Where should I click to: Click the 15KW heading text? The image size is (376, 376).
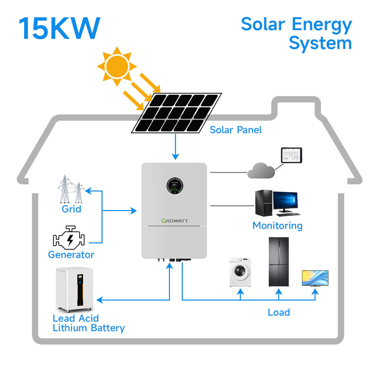[59, 28]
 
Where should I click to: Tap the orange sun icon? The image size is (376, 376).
[117, 67]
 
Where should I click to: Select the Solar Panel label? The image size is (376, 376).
[235, 130]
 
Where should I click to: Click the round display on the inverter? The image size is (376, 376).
[175, 186]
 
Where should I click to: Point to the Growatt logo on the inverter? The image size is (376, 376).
[175, 221]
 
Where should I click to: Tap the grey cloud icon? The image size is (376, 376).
[261, 170]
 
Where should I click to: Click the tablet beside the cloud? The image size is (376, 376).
[291, 155]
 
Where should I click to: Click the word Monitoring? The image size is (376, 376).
[277, 226]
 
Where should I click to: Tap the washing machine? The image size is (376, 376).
[240, 272]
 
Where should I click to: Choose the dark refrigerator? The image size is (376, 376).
[278, 262]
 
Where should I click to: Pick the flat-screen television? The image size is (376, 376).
[315, 278]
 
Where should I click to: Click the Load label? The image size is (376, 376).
[278, 312]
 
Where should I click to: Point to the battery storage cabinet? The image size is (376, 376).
[74, 289]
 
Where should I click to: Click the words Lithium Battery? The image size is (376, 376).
[89, 328]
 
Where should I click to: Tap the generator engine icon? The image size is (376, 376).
[69, 238]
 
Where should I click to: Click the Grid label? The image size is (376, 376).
[71, 209]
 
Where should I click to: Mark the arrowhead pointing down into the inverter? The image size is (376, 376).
[175, 157]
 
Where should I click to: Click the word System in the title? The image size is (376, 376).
[320, 43]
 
